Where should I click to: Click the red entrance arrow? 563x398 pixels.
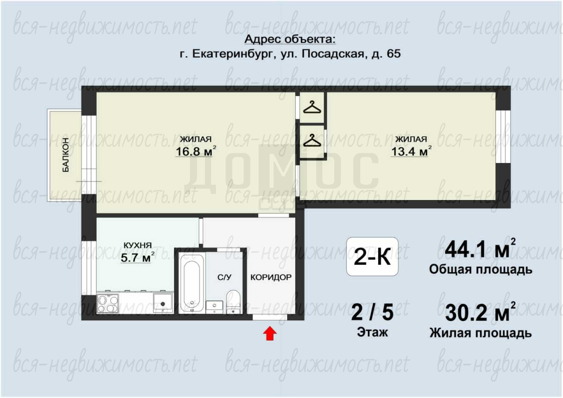270,333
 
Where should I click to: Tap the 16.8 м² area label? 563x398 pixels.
196,151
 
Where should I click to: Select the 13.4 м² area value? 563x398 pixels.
411,151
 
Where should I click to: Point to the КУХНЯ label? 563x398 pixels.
138,245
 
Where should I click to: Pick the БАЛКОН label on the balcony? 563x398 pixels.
66,155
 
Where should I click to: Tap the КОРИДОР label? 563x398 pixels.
271,277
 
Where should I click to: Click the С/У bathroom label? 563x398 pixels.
224,277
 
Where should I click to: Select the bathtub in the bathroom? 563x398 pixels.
192,283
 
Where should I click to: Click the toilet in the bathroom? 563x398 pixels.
233,302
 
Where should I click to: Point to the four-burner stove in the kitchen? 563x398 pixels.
108,303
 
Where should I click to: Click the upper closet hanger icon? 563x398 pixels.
312,107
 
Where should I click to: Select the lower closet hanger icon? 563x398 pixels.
312,140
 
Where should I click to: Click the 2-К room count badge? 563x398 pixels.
372,256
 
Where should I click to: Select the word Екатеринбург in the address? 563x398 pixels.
233,54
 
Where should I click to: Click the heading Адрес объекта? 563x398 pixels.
290,40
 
